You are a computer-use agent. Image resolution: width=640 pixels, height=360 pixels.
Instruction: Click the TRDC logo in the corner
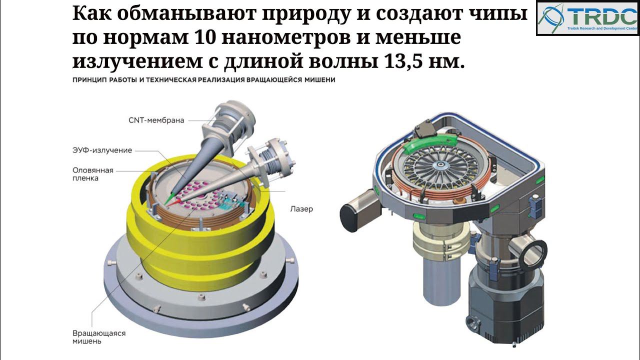(x=588, y=17)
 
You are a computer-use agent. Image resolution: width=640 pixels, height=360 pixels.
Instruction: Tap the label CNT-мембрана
(x=156, y=120)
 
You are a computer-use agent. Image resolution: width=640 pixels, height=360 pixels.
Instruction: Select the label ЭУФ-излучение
(x=102, y=150)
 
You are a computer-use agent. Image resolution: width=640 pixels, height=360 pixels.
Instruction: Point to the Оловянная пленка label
(x=93, y=174)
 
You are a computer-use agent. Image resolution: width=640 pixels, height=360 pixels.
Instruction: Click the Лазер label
(x=301, y=209)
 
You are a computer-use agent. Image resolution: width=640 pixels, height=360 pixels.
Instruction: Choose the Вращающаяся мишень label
(x=99, y=337)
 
